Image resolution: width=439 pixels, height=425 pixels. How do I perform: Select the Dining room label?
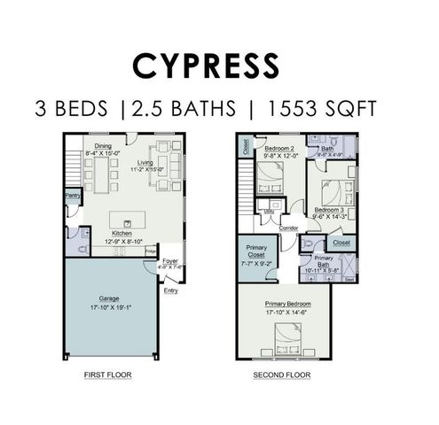click(103, 146)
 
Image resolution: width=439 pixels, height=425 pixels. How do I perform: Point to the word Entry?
click(170, 290)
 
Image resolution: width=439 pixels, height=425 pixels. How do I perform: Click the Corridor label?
click(287, 228)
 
